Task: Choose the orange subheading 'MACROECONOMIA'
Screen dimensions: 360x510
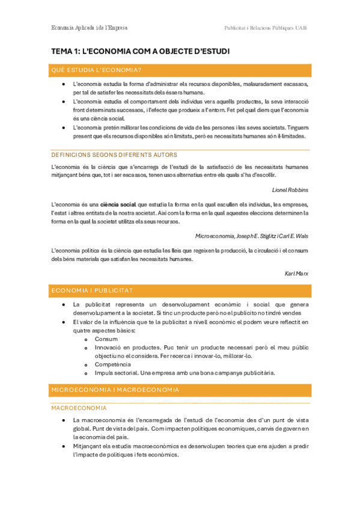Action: [x=79, y=408]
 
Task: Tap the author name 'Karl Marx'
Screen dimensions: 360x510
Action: [x=297, y=273]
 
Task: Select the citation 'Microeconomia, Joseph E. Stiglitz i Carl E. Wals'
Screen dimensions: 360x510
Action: [x=252, y=236]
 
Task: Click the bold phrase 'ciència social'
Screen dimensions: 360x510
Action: [x=118, y=204]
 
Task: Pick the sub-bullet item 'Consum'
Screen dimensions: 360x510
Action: [x=106, y=339]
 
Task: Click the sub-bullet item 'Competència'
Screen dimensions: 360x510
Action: [x=112, y=364]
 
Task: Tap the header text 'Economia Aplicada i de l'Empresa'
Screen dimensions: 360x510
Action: [x=90, y=28]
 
